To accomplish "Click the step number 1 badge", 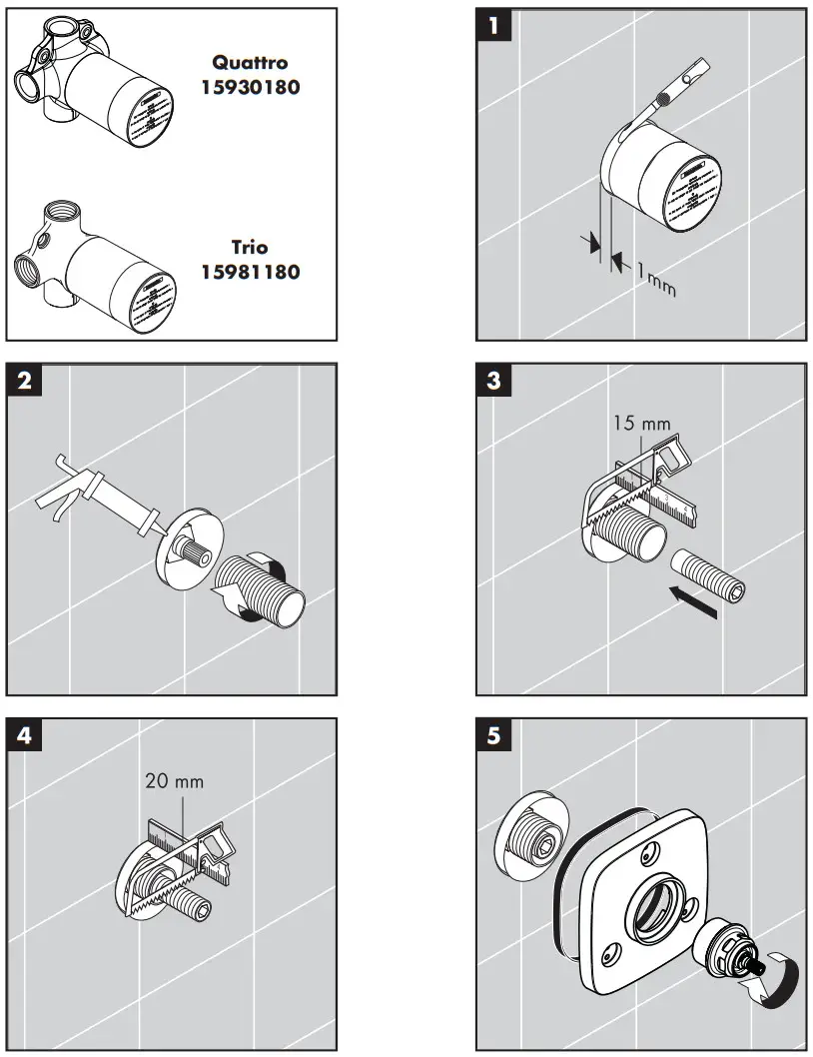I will coord(492,25).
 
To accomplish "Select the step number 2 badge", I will coord(24,381).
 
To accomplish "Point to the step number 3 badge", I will coord(492,381).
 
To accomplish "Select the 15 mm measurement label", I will coord(642,424).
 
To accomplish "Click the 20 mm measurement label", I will coord(174,780).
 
